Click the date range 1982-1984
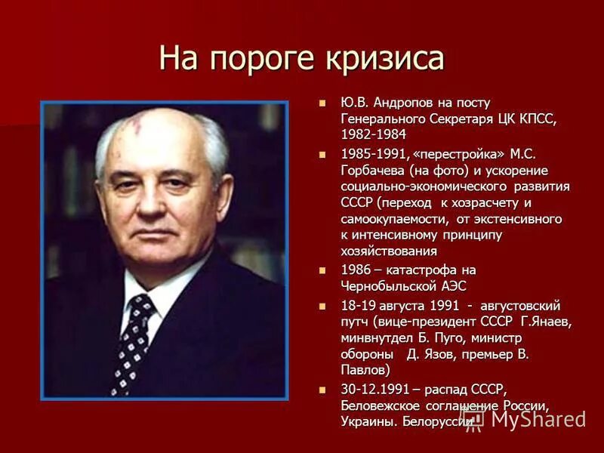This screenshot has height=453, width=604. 373,134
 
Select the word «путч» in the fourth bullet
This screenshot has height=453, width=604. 358,322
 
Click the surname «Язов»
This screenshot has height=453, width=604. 445,354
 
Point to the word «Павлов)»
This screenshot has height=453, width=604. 366,371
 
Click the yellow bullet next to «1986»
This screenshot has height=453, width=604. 324,270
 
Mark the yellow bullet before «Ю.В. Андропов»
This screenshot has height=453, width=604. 324,103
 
